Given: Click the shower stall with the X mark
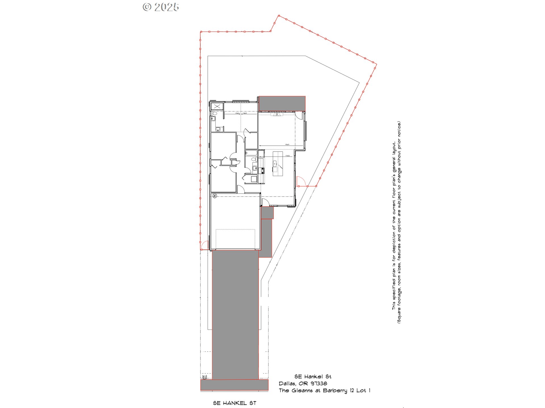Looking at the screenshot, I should (217, 107).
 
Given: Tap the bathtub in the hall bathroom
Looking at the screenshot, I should (251, 153).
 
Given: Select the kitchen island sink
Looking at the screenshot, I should (275, 163).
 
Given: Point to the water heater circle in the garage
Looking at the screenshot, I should (215, 195).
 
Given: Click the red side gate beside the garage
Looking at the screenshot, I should (204, 245).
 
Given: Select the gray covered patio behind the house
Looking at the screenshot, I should (282, 103).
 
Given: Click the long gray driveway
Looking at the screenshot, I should (235, 314).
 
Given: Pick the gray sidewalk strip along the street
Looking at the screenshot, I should (234, 385).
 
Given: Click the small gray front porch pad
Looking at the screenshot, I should (267, 212).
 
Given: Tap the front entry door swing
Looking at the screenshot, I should (265, 203).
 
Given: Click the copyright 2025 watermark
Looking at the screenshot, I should (161, 7).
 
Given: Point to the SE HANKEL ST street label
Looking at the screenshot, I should (234, 403).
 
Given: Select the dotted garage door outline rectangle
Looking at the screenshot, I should (235, 238).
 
